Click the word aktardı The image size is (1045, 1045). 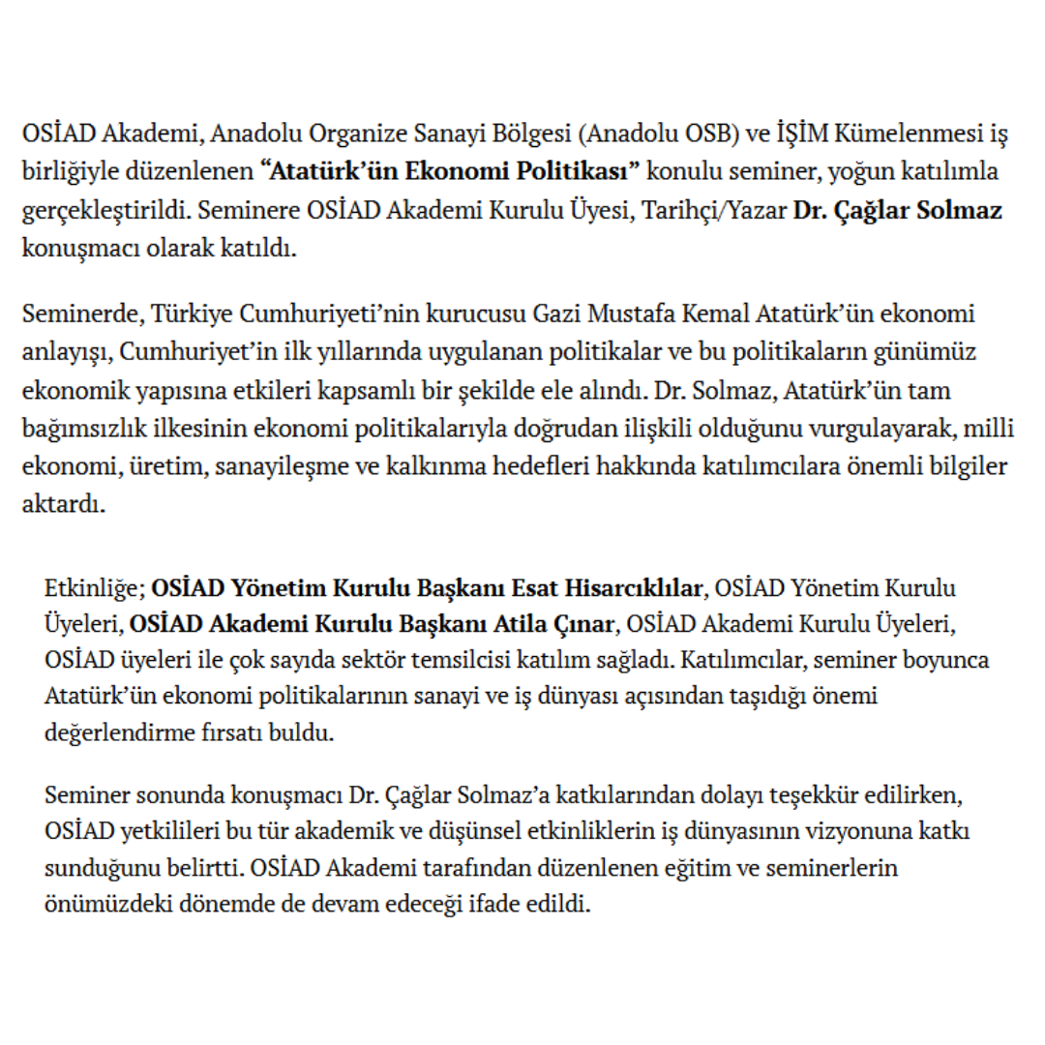[59, 503]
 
